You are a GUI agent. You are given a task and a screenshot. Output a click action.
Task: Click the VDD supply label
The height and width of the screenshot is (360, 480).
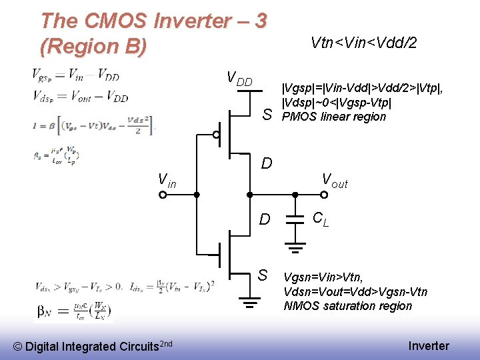[240, 79]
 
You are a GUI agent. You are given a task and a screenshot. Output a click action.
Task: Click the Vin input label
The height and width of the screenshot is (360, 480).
[167, 180]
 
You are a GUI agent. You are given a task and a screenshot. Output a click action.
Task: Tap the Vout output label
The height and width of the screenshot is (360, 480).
[335, 180]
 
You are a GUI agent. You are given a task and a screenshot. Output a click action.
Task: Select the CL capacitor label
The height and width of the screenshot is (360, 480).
[321, 218]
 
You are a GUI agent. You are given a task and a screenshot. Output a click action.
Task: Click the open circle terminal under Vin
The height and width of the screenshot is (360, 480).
[163, 195]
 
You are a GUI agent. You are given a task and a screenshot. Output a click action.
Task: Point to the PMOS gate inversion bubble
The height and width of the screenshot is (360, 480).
[216, 135]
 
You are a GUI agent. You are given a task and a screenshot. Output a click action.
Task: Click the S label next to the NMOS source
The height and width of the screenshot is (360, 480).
[263, 275]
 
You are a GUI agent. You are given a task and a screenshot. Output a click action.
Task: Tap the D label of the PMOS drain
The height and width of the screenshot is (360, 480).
[266, 163]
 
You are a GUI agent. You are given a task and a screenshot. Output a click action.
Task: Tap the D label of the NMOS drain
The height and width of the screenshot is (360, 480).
[265, 219]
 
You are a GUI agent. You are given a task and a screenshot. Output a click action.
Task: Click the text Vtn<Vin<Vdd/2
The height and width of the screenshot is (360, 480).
[364, 43]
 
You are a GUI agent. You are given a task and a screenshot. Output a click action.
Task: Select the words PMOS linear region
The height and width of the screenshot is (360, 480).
[334, 117]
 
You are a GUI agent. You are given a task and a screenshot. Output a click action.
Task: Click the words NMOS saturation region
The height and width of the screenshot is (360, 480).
[348, 306]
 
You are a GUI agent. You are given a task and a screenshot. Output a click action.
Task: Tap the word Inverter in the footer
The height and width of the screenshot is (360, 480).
[429, 345]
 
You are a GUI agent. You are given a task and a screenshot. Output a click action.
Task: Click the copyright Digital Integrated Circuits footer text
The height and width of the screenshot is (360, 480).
[94, 345]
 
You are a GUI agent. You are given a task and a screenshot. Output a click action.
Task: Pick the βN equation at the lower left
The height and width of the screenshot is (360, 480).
[74, 311]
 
